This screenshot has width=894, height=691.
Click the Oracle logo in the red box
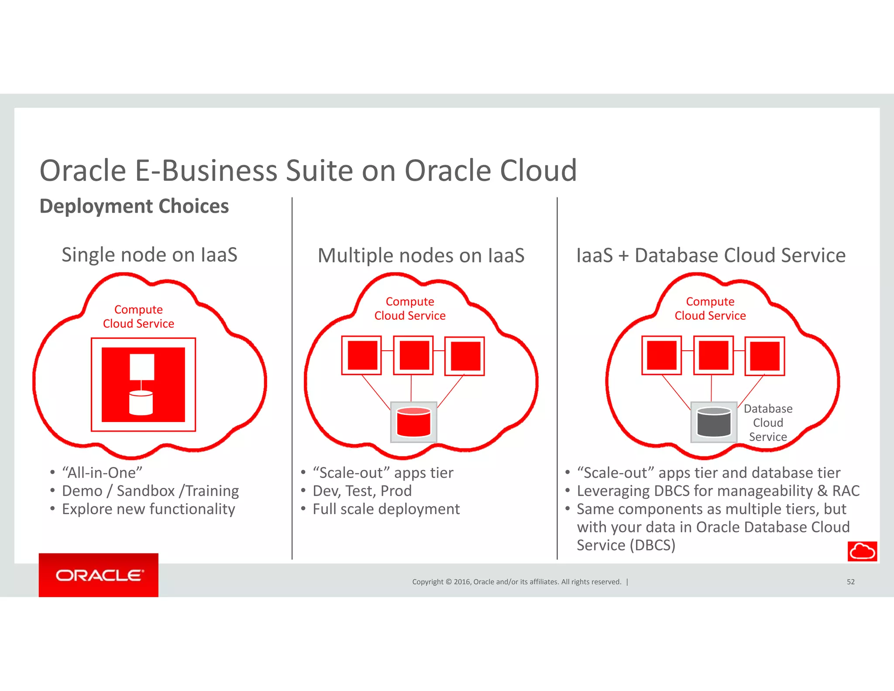pyautogui.click(x=99, y=575)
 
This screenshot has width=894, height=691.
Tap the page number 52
pyautogui.click(x=850, y=582)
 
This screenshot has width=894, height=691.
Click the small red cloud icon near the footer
pyautogui.click(x=862, y=551)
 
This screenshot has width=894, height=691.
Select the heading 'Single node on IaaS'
pyautogui.click(x=149, y=255)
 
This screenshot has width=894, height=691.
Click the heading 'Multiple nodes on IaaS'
pyautogui.click(x=421, y=256)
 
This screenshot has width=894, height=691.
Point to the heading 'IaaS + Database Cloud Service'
pyautogui.click(x=711, y=256)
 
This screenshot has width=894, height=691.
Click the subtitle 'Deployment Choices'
pyautogui.click(x=134, y=206)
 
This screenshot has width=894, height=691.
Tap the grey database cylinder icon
pyautogui.click(x=714, y=422)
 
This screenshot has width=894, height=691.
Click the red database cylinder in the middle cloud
pyautogui.click(x=413, y=422)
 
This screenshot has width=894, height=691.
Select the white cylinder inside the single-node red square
pyautogui.click(x=141, y=403)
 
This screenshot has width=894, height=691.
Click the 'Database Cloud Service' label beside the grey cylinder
pyautogui.click(x=768, y=422)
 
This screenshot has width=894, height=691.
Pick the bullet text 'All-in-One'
pyautogui.click(x=102, y=473)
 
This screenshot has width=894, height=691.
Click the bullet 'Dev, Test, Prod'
pyautogui.click(x=362, y=491)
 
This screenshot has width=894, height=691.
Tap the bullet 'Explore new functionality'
pyautogui.click(x=148, y=509)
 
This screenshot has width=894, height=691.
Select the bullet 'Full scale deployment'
pyautogui.click(x=386, y=509)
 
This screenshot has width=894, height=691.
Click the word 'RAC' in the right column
pyautogui.click(x=846, y=491)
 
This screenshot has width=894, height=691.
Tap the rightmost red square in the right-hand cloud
pyautogui.click(x=765, y=356)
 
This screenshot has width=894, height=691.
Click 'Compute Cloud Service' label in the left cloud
pyautogui.click(x=138, y=317)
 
